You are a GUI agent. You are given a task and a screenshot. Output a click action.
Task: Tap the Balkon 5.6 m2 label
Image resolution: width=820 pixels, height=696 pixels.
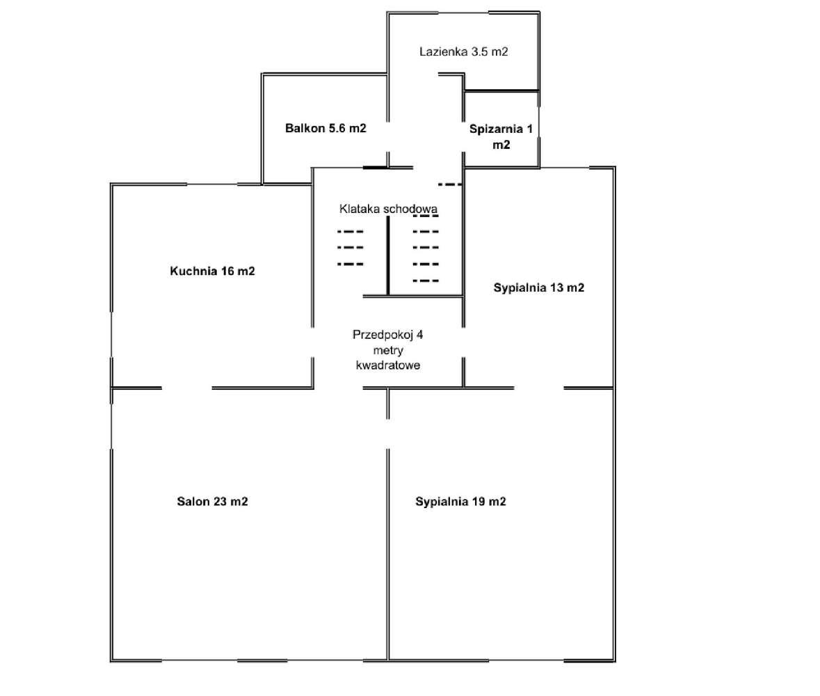click(325, 128)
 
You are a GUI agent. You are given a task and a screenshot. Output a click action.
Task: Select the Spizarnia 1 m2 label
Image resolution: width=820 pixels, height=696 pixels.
click(501, 136)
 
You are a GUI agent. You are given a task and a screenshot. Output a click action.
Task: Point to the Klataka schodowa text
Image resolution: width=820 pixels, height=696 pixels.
click(388, 208)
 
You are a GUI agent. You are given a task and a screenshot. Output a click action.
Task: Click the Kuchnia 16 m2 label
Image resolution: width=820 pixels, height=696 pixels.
click(212, 271)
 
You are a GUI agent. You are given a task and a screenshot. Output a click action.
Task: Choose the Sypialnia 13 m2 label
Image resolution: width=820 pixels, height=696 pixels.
click(539, 287)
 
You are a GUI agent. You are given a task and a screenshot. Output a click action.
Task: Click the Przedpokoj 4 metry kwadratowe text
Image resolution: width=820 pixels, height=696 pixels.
click(388, 349)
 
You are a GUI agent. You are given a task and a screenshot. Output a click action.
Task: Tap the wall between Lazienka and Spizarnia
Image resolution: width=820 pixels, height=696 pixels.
click(501, 91)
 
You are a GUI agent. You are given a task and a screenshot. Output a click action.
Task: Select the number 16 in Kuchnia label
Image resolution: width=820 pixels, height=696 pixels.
click(227, 271)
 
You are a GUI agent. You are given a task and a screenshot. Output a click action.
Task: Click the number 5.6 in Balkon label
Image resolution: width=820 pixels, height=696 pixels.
click(337, 128)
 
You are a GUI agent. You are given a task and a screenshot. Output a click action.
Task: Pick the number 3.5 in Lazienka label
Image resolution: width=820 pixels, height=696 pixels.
click(479, 52)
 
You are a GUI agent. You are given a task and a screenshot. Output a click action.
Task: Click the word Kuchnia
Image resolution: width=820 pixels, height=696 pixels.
click(193, 271)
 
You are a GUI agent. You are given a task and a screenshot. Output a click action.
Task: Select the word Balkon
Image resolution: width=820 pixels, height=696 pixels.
click(305, 128)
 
